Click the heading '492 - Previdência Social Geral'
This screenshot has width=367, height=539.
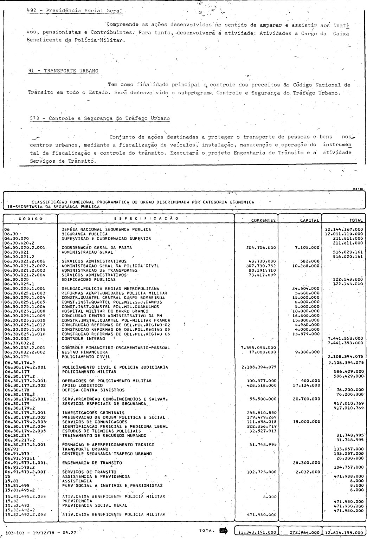[x=75, y=11]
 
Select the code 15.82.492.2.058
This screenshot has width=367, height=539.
[x=25, y=514]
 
